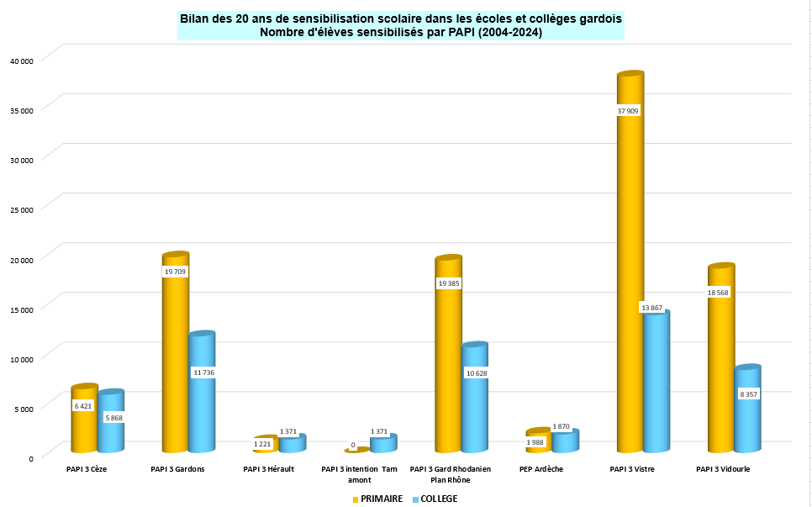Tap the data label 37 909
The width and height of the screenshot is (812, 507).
pyautogui.click(x=629, y=111)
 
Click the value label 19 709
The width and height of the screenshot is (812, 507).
pyautogui.click(x=175, y=272)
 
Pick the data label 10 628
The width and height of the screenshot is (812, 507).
pyautogui.click(x=475, y=372)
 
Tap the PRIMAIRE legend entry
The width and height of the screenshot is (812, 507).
pyautogui.click(x=377, y=499)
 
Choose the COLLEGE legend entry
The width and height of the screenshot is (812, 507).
pyautogui.click(x=435, y=499)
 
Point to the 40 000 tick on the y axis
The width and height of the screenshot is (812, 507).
pyautogui.click(x=21, y=61)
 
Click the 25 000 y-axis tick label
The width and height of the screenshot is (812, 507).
pyautogui.click(x=21, y=209)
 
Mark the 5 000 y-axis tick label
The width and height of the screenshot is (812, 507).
pyautogui.click(x=23, y=409)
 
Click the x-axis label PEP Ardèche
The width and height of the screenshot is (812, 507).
pyautogui.click(x=541, y=469)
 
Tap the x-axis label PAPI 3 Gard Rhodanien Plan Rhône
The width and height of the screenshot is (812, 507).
pyautogui.click(x=450, y=474)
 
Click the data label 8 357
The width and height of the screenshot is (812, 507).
pyautogui.click(x=748, y=393)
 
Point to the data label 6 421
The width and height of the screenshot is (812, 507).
pyautogui.click(x=83, y=406)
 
